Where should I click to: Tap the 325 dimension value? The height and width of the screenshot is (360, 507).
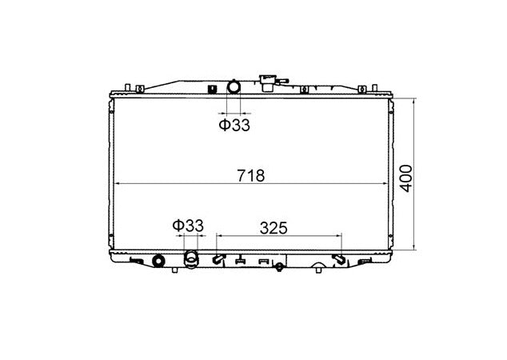(273, 226)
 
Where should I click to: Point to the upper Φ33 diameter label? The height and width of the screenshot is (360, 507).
(235, 124)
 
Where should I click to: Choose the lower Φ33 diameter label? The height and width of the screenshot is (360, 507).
(188, 226)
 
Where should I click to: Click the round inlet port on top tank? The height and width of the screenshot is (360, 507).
(234, 86)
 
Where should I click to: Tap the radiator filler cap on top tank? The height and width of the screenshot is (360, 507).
(265, 80)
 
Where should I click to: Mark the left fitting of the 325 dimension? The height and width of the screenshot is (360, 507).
(218, 259)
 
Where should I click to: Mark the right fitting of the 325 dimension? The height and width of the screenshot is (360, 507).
(340, 259)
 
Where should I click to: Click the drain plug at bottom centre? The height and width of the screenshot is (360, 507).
(279, 267)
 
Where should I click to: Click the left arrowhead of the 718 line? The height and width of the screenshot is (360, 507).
(121, 184)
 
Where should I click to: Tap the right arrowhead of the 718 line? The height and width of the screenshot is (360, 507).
(381, 184)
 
